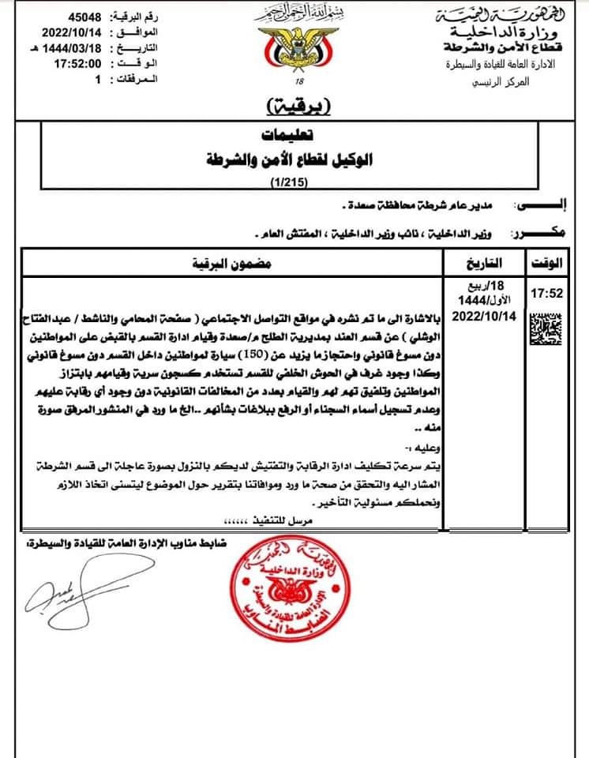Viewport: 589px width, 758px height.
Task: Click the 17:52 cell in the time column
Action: click(x=545, y=293)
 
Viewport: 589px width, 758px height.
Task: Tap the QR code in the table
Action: click(x=545, y=326)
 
